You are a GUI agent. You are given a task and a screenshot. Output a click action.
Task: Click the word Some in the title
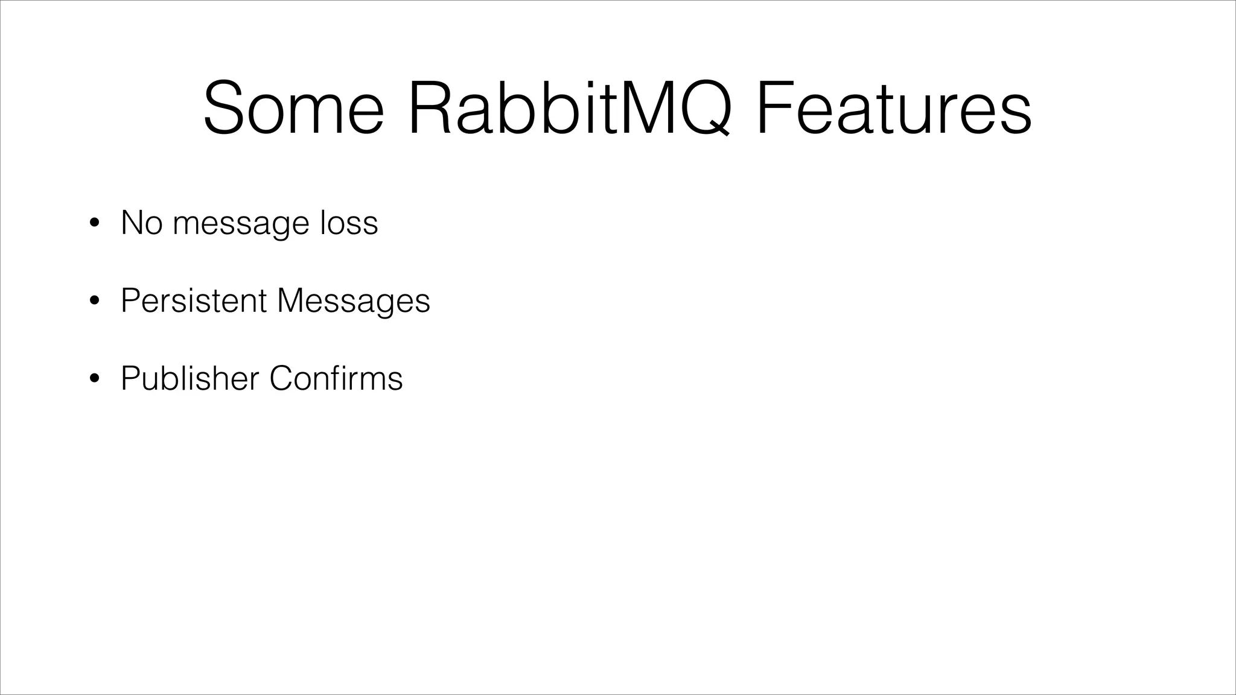(x=293, y=109)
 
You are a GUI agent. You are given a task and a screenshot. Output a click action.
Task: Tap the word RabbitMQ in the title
(x=570, y=109)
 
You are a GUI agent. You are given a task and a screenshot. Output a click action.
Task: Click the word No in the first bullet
(x=141, y=223)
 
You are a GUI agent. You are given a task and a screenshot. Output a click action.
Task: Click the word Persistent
(x=194, y=300)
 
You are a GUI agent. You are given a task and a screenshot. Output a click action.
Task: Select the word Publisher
(x=190, y=378)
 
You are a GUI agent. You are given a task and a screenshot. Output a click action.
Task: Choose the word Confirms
(x=336, y=378)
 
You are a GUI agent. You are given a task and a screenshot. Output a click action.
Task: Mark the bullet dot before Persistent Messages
(x=94, y=301)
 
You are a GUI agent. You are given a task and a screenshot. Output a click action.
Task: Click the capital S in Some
(x=227, y=109)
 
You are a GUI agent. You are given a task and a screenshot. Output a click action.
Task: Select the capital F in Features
(x=774, y=109)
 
